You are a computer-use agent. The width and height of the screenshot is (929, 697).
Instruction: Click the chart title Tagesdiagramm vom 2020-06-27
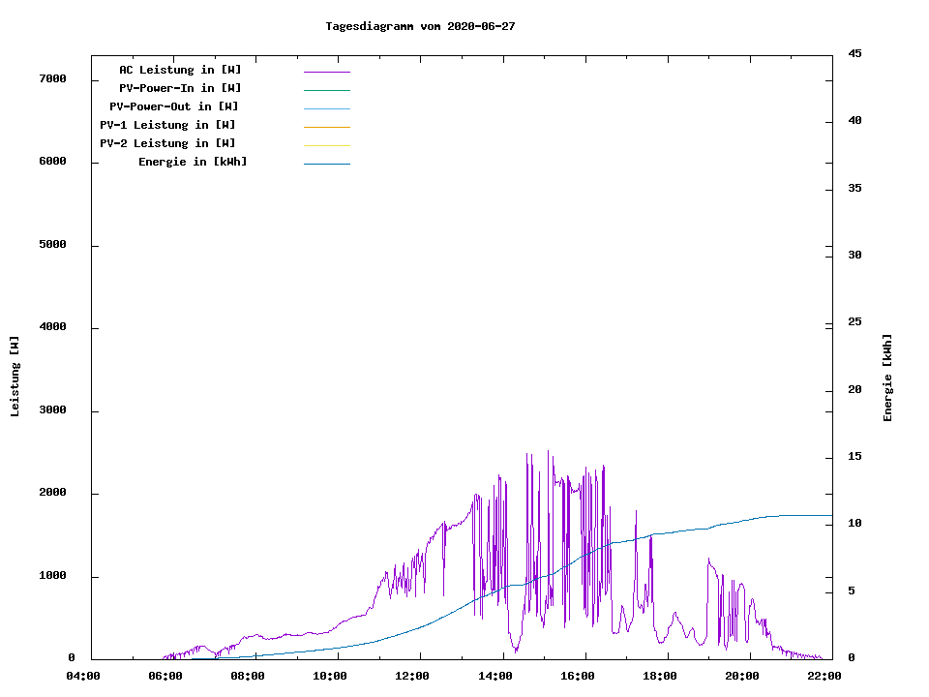pos(420,26)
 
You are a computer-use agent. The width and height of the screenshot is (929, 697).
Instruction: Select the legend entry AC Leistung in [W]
pos(180,70)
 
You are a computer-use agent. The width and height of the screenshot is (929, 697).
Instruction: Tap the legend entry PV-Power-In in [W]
pos(187,88)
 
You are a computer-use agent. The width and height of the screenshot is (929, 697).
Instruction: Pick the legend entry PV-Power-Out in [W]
pos(174,106)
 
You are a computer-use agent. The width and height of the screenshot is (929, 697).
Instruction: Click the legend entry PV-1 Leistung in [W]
pos(167,125)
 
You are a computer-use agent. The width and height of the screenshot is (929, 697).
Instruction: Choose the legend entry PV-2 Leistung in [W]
pos(167,143)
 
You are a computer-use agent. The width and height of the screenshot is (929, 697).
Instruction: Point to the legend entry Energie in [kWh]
pos(193,162)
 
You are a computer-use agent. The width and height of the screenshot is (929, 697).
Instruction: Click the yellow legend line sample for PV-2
pos(326,145)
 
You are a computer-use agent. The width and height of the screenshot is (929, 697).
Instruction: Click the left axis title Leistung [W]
pos(15,377)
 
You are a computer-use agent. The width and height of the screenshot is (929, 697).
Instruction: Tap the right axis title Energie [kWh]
pos(887,377)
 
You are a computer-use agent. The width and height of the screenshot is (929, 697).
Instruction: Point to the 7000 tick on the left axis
pos(52,78)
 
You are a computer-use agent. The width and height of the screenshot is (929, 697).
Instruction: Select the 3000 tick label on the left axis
pos(52,410)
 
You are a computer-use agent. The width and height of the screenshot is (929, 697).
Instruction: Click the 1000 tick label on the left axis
pos(52,576)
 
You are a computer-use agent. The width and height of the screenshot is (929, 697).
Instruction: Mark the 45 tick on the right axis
pos(854,53)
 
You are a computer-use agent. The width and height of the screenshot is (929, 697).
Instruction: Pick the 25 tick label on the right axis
pos(854,321)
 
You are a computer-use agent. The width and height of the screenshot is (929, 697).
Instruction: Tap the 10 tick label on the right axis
pos(854,524)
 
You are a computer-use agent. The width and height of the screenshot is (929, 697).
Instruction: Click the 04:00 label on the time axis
pos(83,676)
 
